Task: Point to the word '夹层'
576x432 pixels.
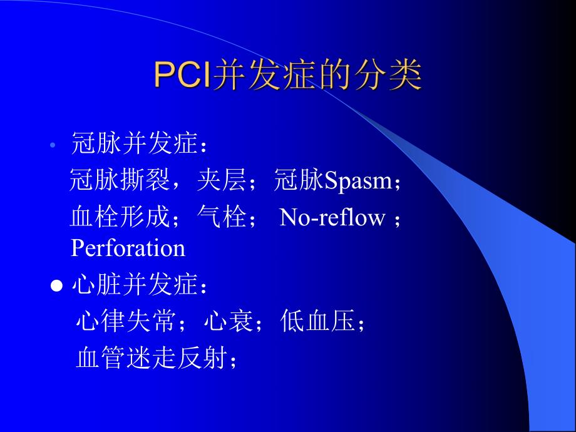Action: pyautogui.click(x=222, y=181)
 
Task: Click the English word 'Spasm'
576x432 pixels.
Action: pyautogui.click(x=357, y=181)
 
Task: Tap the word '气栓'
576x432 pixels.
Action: pyautogui.click(x=222, y=217)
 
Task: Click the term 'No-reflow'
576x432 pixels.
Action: pyautogui.click(x=332, y=217)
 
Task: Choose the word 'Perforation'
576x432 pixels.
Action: pyautogui.click(x=128, y=248)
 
